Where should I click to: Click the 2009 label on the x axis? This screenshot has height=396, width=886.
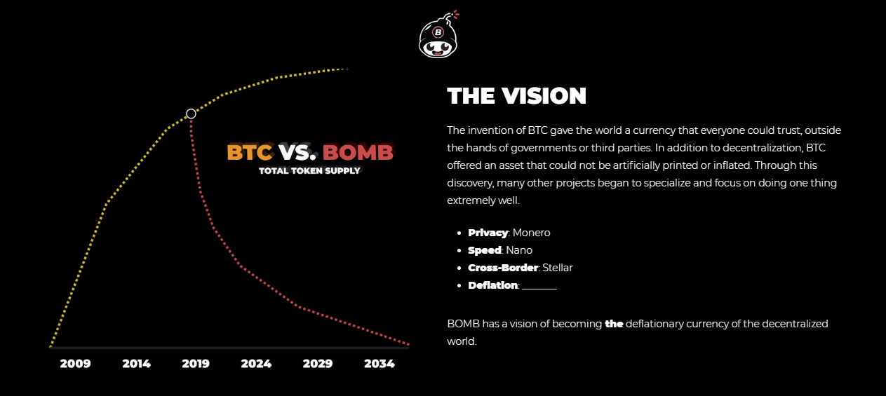pyautogui.click(x=75, y=364)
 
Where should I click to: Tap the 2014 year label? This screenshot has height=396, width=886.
pyautogui.click(x=137, y=364)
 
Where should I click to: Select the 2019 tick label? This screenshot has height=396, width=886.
pyautogui.click(x=196, y=364)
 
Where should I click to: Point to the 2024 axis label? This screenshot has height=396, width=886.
pyautogui.click(x=256, y=364)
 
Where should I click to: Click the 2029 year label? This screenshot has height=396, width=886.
pyautogui.click(x=318, y=364)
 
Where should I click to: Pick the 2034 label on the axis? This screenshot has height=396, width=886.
pyautogui.click(x=380, y=364)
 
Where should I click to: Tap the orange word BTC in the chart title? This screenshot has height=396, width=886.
pyautogui.click(x=250, y=152)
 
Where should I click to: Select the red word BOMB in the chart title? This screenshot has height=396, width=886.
pyautogui.click(x=358, y=152)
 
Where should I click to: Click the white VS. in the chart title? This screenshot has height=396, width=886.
pyautogui.click(x=297, y=152)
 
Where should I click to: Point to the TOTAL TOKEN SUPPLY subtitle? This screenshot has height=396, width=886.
pyautogui.click(x=309, y=171)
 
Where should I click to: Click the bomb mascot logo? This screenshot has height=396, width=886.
pyautogui.click(x=438, y=35)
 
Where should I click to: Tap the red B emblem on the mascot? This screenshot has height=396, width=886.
pyautogui.click(x=438, y=32)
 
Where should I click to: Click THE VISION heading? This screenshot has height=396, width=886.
pyautogui.click(x=516, y=96)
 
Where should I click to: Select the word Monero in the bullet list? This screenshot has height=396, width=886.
pyautogui.click(x=531, y=233)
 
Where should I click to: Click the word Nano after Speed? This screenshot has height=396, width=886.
pyautogui.click(x=519, y=250)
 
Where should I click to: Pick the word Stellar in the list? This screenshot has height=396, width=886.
pyautogui.click(x=557, y=268)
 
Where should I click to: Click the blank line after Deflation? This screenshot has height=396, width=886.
pyautogui.click(x=539, y=289)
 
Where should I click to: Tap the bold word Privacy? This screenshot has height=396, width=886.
pyautogui.click(x=488, y=233)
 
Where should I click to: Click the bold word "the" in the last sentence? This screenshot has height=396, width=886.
pyautogui.click(x=614, y=324)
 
